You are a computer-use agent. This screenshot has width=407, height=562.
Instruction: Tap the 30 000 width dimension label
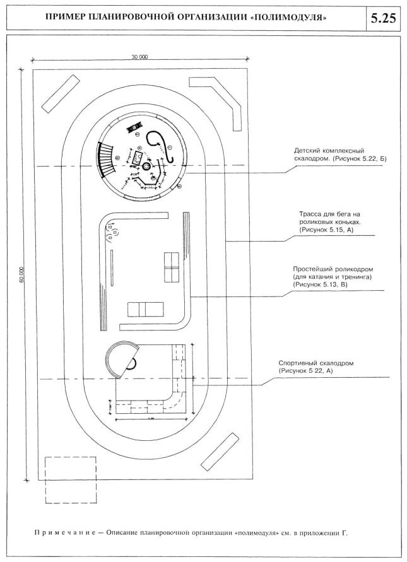tap(139, 57)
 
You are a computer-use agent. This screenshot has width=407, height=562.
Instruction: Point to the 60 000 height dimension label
tap(21, 271)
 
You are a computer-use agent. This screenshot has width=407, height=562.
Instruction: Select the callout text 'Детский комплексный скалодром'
tap(330, 155)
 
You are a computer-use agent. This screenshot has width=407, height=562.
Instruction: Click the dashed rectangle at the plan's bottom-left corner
tap(70, 479)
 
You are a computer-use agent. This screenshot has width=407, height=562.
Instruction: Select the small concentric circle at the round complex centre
tap(146, 166)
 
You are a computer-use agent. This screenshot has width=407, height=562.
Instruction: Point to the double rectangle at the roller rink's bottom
tap(145, 308)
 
